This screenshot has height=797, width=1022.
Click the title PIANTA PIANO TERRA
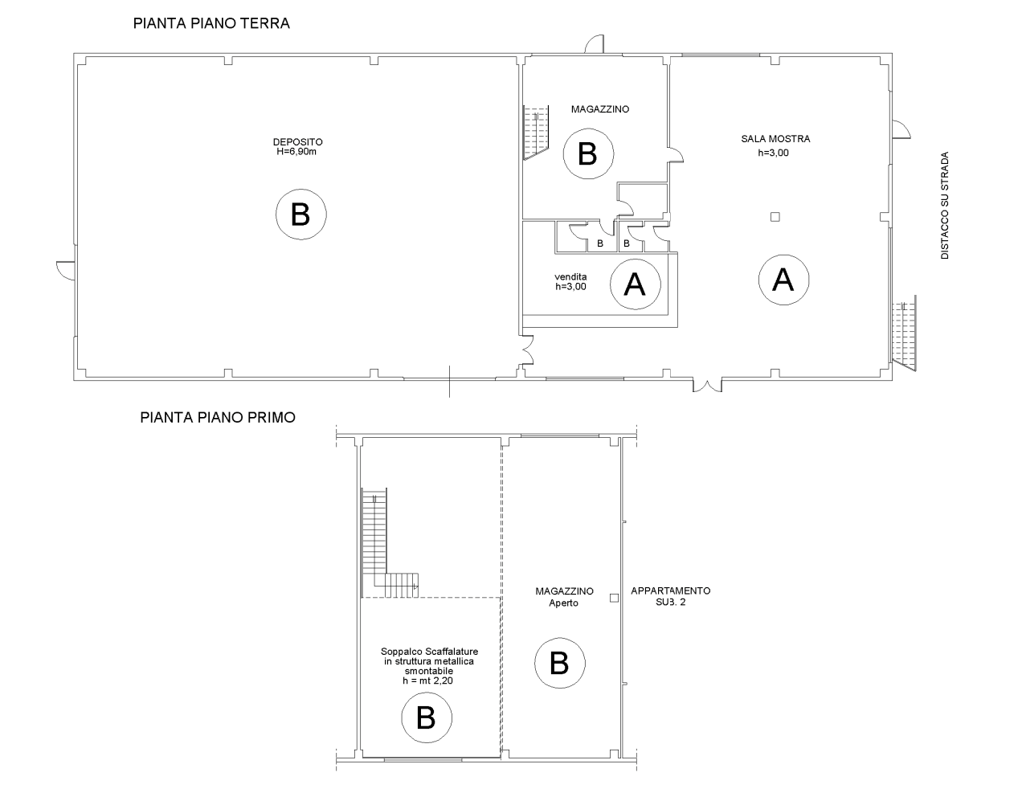211,23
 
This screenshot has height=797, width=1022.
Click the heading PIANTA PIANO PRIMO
218,417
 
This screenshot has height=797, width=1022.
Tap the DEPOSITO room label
298,141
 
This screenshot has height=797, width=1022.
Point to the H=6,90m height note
296,151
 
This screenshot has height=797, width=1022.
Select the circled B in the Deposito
301,215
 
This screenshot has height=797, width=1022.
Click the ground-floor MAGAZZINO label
600,109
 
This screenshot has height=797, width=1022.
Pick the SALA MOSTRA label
775,139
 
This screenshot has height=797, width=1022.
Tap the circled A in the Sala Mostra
783,280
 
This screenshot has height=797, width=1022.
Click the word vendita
570,276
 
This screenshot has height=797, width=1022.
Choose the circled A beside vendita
636,284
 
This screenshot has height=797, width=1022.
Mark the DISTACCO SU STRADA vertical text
944,205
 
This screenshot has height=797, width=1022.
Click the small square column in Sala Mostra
775,217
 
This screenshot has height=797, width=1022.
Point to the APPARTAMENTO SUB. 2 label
671,596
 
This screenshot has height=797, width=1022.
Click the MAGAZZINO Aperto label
564,597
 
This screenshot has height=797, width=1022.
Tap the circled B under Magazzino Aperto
560,663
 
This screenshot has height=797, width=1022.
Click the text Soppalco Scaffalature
429,652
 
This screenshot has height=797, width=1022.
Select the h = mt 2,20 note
428,681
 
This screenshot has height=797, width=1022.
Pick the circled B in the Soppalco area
427,717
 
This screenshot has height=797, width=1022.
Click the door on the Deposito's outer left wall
65,271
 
